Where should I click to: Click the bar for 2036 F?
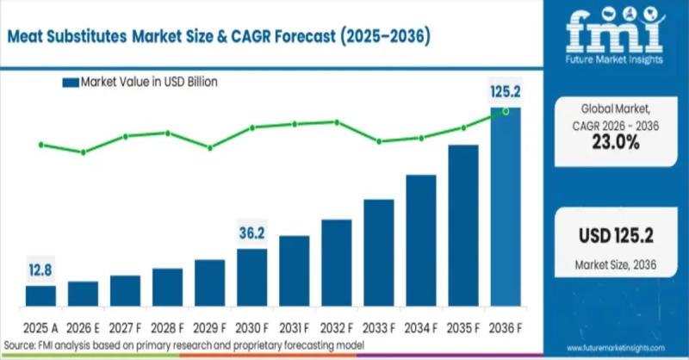point(506,207)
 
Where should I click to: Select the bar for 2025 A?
point(40,296)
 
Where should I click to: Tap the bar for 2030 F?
point(252,278)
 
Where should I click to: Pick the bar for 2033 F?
point(379,253)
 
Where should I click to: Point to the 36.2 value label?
point(252,233)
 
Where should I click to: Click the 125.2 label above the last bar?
point(506,92)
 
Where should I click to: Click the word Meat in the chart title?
point(33,38)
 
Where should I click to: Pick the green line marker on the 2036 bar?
point(506,111)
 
